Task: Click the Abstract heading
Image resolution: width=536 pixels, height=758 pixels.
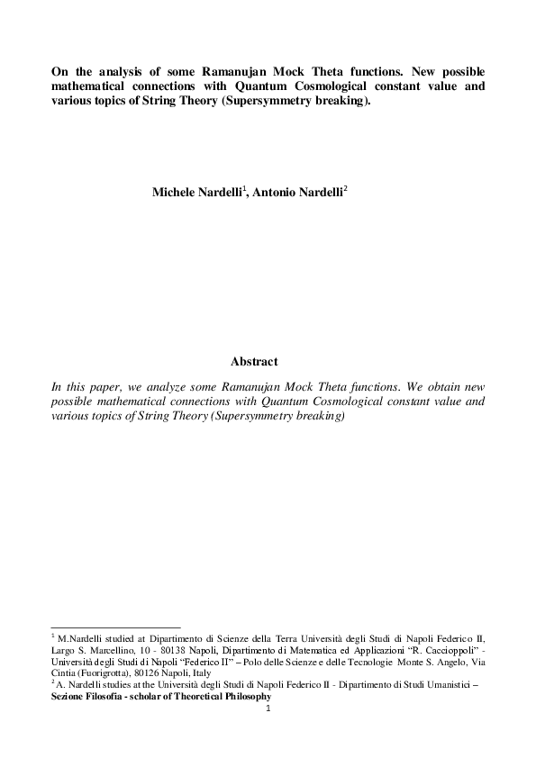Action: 254,362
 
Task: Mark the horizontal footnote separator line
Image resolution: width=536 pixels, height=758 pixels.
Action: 115,627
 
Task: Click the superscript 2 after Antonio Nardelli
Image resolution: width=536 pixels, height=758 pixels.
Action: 345,189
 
